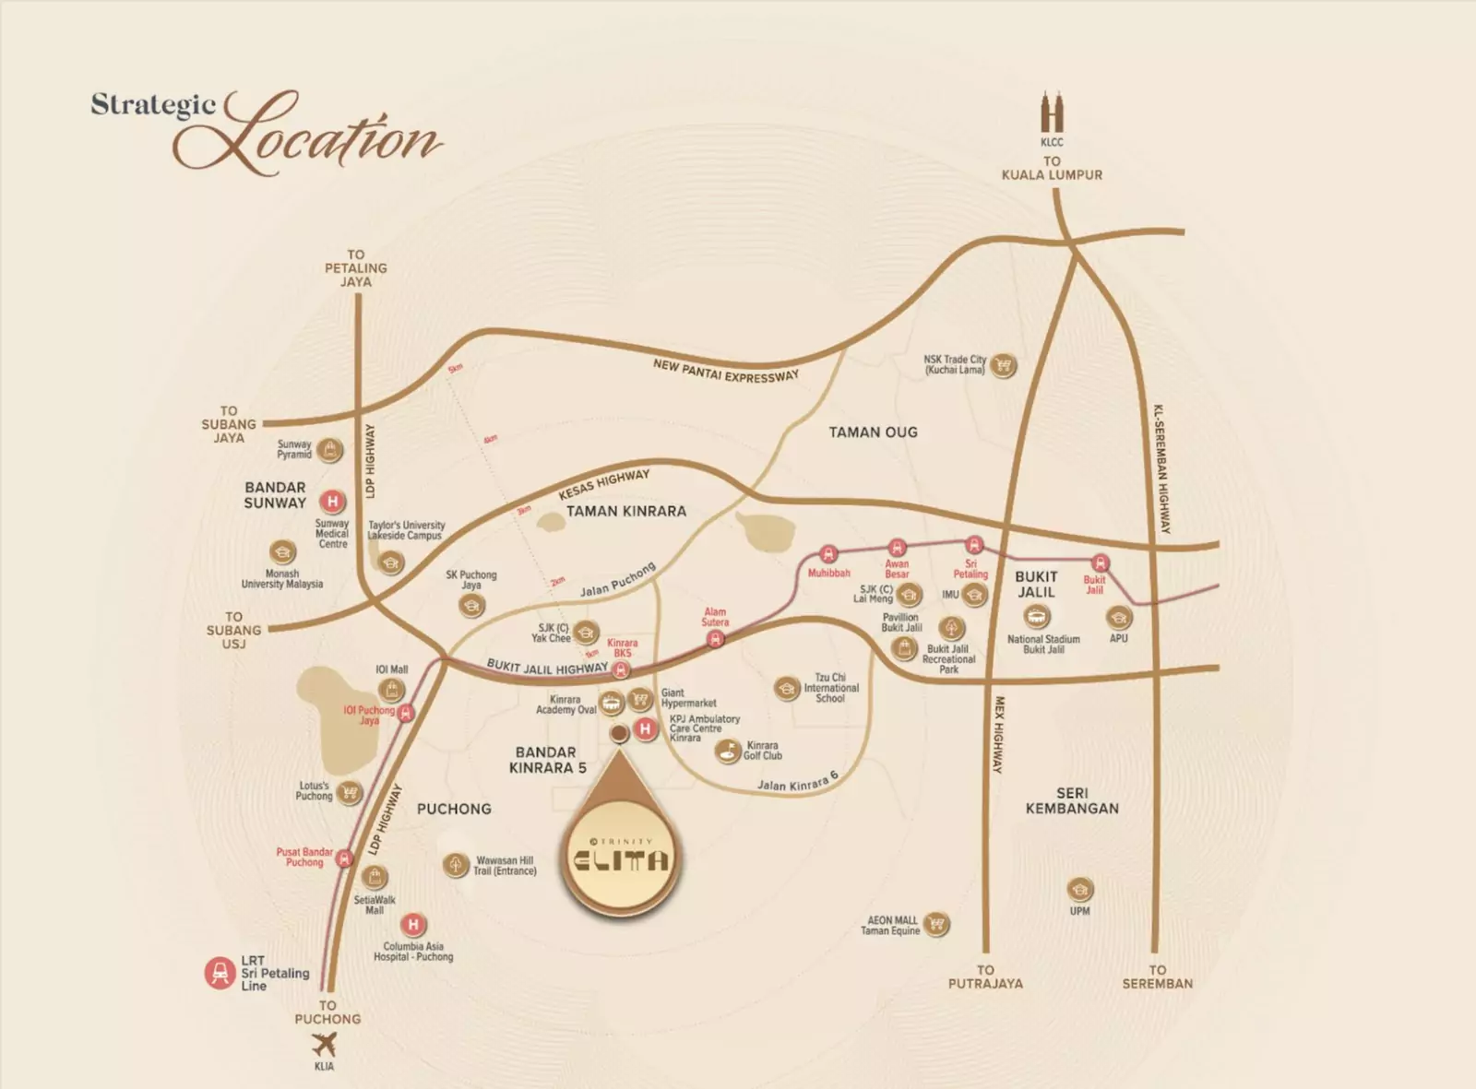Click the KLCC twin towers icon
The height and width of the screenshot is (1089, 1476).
[x=1052, y=112]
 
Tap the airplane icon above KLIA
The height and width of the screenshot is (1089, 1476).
[x=324, y=1045]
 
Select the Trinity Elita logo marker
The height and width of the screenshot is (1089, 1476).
[x=620, y=858]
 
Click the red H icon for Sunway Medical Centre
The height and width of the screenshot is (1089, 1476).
[x=332, y=502]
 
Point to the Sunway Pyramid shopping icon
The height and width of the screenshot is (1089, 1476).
[x=330, y=450]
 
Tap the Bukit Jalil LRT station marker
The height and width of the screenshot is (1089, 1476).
[x=1100, y=562]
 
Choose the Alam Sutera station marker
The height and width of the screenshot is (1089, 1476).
[x=716, y=638]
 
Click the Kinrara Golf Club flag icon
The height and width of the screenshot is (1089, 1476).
[x=729, y=751]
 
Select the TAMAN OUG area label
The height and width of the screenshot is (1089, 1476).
[x=873, y=432]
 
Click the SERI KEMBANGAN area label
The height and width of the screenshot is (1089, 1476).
[x=1072, y=800]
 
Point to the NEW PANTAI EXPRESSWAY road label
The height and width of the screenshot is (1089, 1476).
[x=725, y=371]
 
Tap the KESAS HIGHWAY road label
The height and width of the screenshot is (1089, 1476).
[x=604, y=484]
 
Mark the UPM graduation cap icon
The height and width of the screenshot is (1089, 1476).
[x=1079, y=889]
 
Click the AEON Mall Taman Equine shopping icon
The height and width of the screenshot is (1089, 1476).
[x=937, y=924]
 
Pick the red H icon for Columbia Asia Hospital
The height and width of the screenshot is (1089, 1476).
[x=413, y=924]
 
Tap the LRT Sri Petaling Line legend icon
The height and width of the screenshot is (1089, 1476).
[x=220, y=973]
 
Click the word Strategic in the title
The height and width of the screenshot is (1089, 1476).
[x=153, y=105]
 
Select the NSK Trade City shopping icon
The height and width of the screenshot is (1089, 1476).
[x=1004, y=365]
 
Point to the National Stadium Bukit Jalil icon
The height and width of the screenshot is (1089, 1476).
[x=1037, y=616]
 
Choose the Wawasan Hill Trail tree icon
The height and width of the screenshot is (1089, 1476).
[x=456, y=865]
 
